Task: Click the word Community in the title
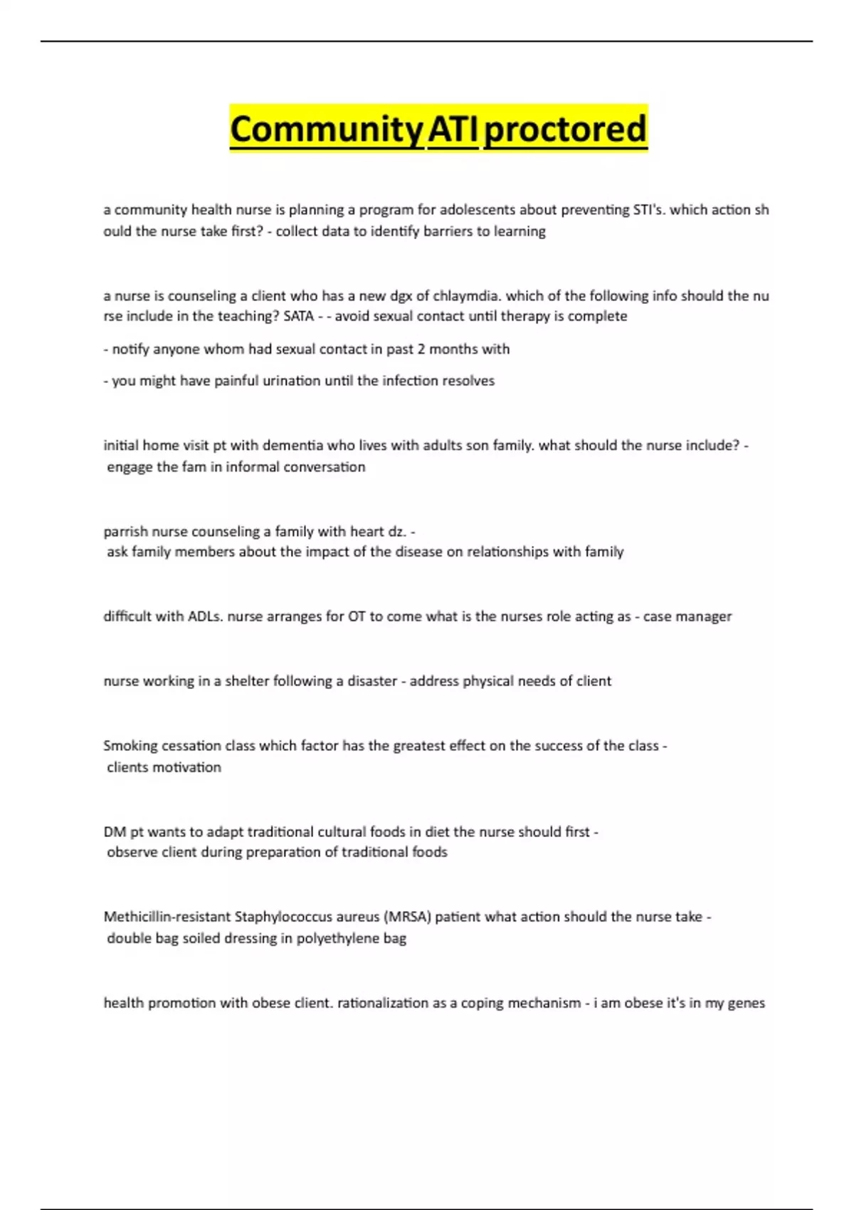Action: [x=327, y=130]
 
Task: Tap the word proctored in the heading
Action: [x=565, y=130]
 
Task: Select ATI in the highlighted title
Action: [x=453, y=130]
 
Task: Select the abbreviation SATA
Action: [x=298, y=316]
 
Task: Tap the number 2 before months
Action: [x=422, y=349]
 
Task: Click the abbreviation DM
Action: [x=115, y=832]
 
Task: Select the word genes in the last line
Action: [x=747, y=1003]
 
